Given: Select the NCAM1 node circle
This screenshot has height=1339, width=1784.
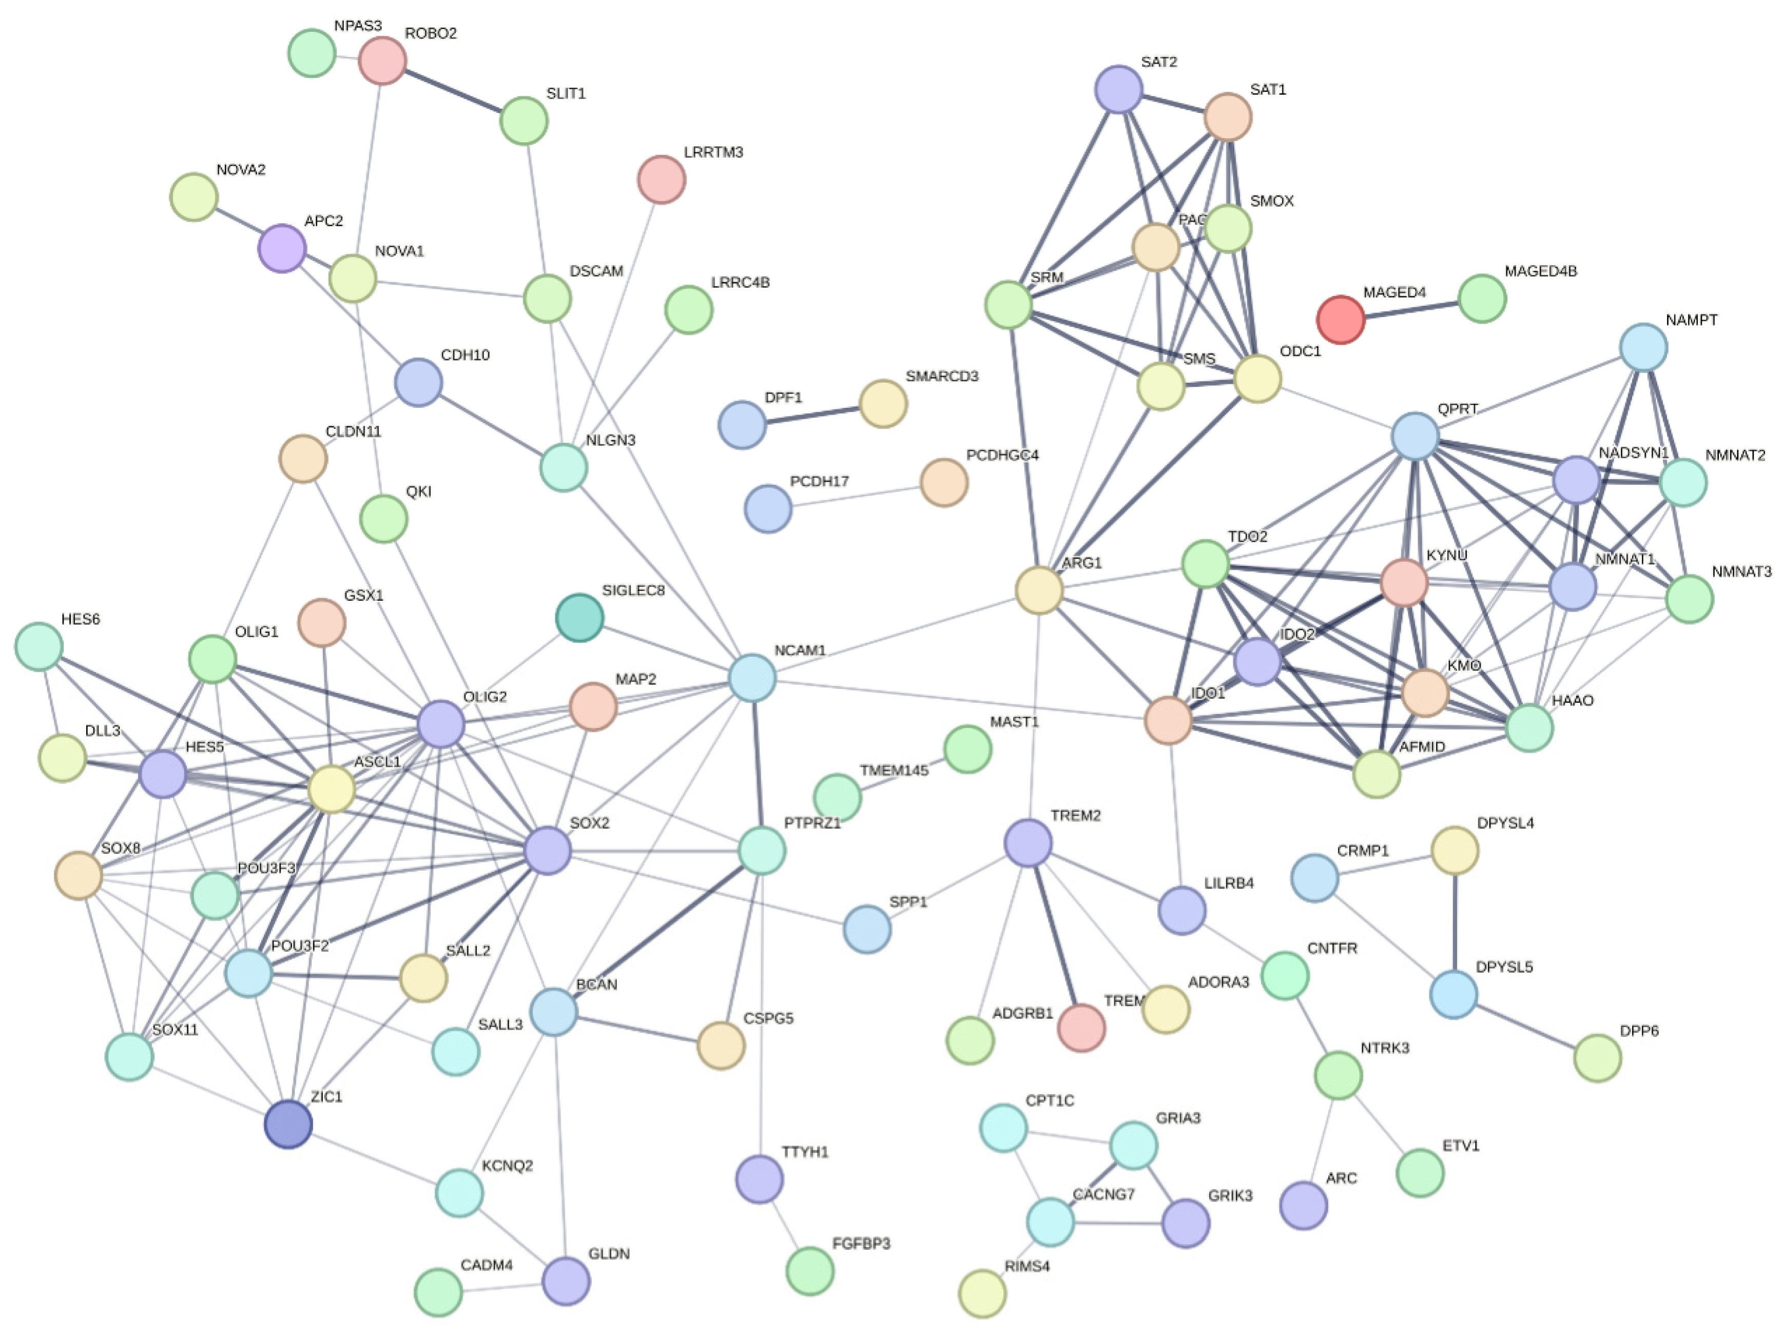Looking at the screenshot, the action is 752,678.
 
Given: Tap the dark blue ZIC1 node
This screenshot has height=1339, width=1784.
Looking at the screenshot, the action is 288,1124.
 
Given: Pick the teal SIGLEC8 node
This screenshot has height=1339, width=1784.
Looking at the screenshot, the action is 579,618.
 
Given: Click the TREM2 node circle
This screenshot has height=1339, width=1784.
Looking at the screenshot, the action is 1027,842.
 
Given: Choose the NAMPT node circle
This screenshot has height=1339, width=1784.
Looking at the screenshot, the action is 1643,347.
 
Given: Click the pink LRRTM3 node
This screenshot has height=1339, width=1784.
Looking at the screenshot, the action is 662,180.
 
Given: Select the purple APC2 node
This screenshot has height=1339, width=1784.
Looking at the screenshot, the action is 281,248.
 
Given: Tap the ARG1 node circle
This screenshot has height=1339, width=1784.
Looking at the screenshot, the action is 1039,590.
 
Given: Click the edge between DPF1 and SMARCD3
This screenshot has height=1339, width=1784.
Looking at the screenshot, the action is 812,415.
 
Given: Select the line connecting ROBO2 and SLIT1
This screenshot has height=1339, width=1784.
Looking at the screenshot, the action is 453,90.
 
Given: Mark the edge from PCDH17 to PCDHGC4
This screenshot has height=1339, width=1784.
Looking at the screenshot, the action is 856,496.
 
